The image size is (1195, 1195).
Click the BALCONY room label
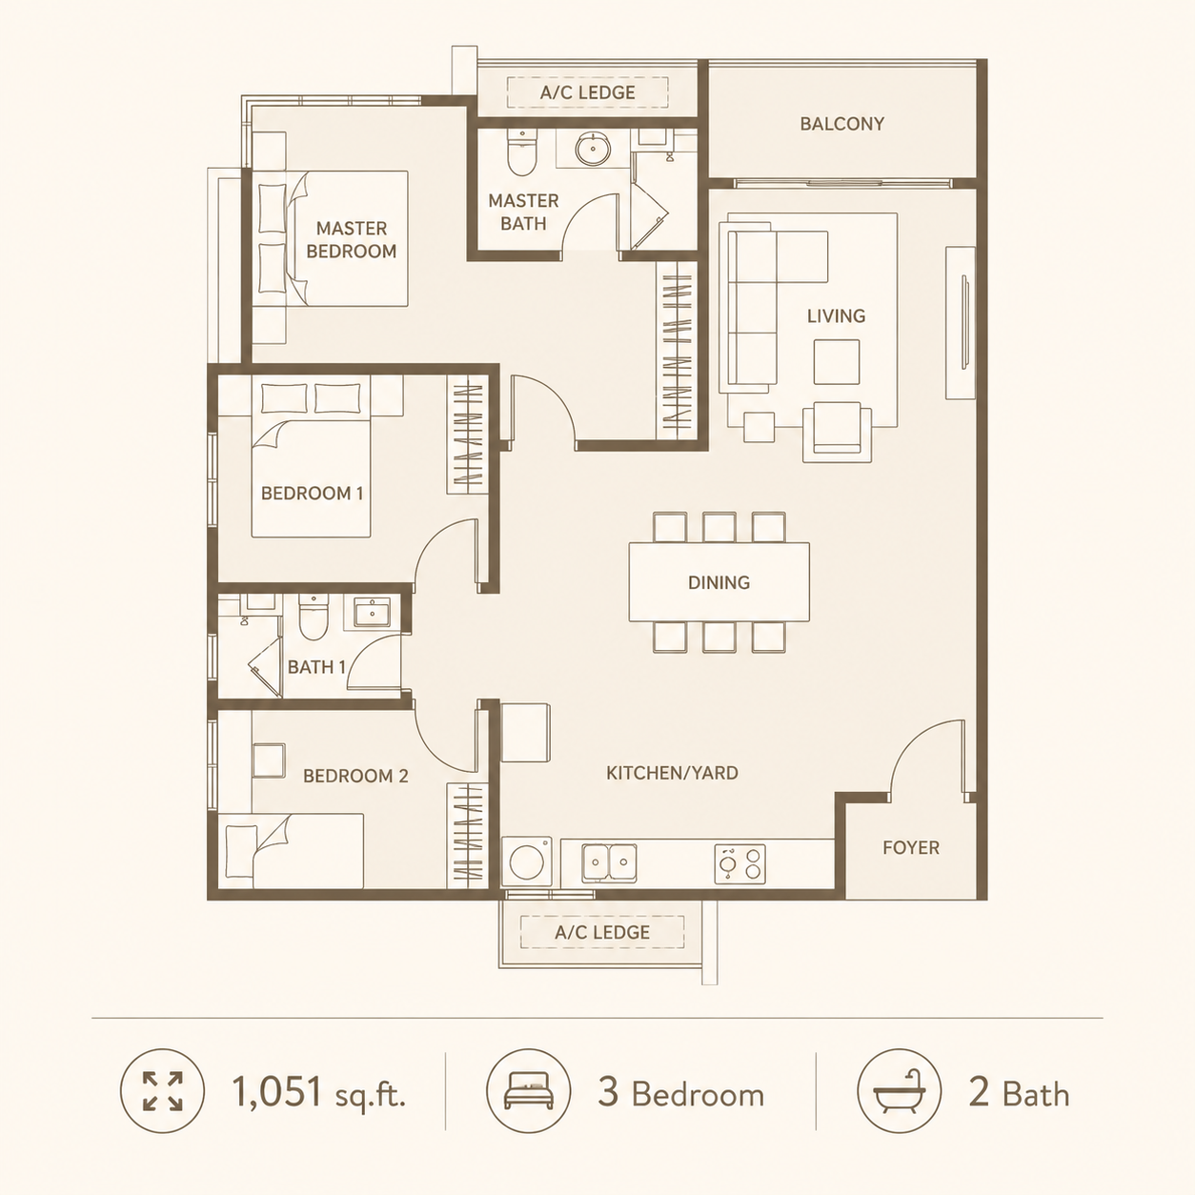click(x=841, y=124)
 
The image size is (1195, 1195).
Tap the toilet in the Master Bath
click(x=522, y=152)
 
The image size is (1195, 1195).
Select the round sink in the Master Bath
click(x=593, y=149)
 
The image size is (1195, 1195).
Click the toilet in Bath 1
click(x=314, y=617)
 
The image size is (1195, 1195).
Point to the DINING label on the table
click(x=719, y=582)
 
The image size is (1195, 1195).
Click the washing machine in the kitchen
click(x=526, y=861)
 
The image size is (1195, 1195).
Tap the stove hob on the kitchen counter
click(x=739, y=863)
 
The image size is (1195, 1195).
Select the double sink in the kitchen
click(x=609, y=862)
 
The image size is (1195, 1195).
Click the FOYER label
click(x=911, y=848)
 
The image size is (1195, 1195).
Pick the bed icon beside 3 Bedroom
click(x=528, y=1090)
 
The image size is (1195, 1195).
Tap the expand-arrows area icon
click(x=162, y=1090)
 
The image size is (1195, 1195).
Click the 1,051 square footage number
click(x=276, y=1091)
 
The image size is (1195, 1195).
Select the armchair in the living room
click(x=838, y=432)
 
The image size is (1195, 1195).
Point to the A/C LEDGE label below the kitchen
click(x=602, y=933)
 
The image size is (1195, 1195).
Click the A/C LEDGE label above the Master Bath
click(x=587, y=93)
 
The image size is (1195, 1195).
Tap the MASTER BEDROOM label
click(x=352, y=240)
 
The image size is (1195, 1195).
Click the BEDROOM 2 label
click(x=355, y=776)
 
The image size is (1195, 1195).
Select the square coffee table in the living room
click(x=837, y=362)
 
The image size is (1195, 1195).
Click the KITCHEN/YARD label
click(x=672, y=773)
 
